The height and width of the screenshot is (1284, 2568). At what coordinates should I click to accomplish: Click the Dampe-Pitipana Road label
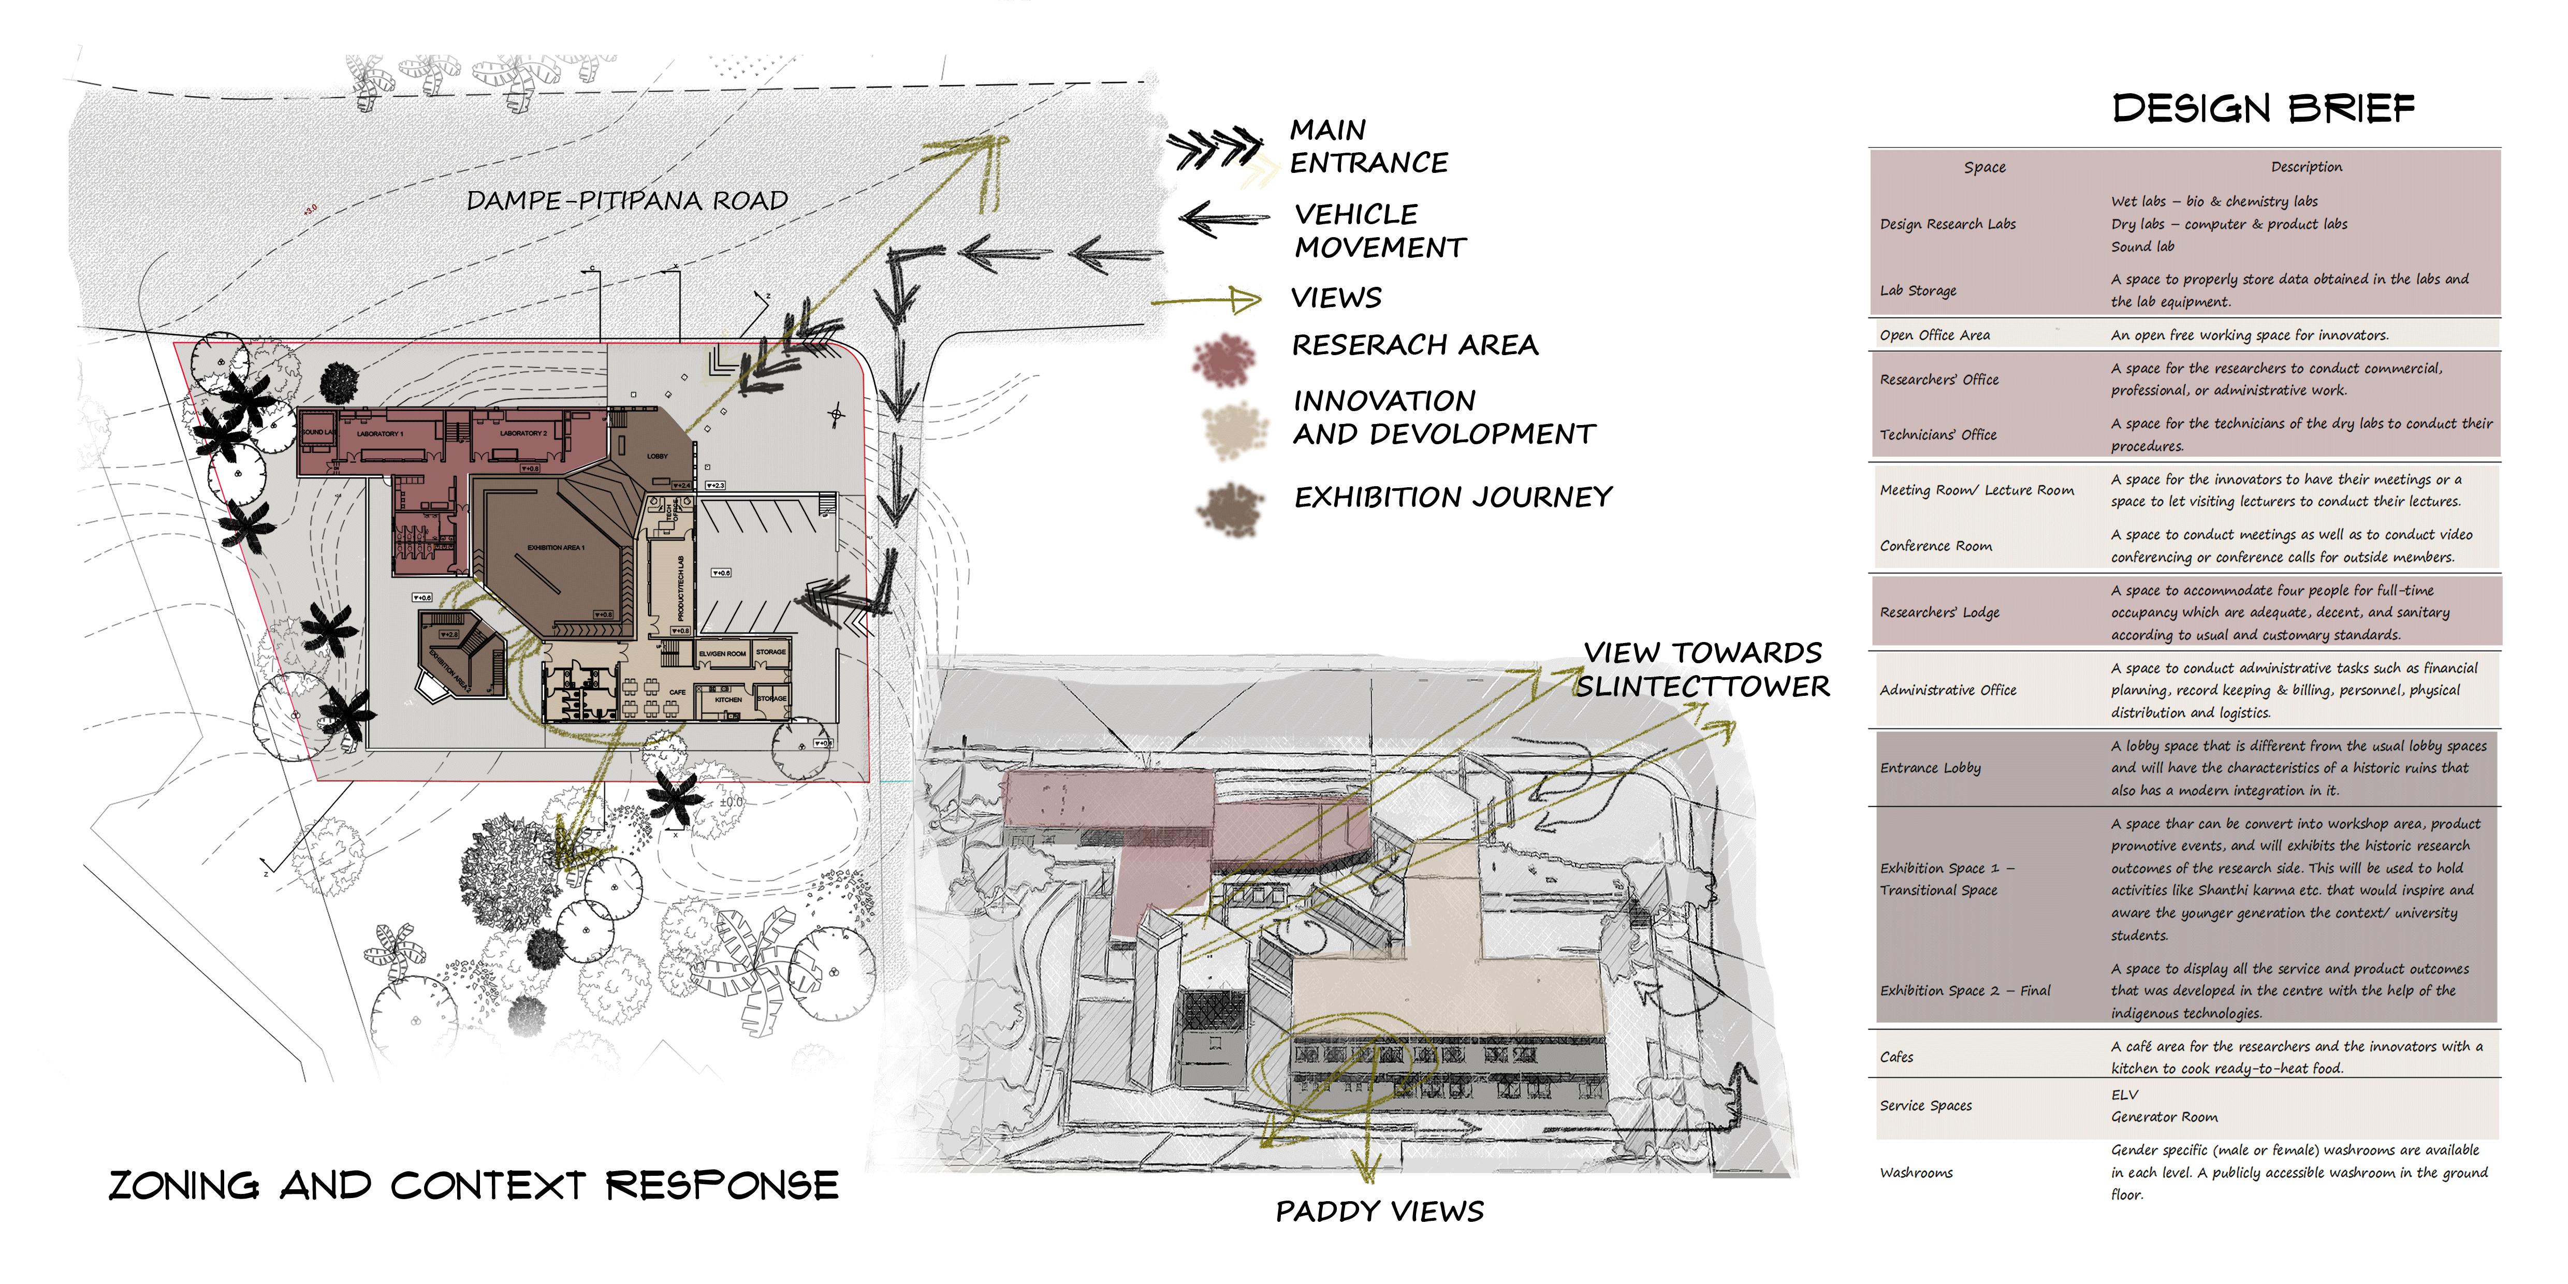[x=627, y=201]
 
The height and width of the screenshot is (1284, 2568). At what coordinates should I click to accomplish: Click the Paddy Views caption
[x=1380, y=1211]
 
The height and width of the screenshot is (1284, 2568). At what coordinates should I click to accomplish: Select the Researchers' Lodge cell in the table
[x=1939, y=612]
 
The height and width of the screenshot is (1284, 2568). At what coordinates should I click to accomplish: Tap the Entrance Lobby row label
[x=1930, y=768]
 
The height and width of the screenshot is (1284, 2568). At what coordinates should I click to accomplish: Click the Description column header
[x=2306, y=167]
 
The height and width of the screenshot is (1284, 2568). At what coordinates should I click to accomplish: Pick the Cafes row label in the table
[x=1896, y=1057]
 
